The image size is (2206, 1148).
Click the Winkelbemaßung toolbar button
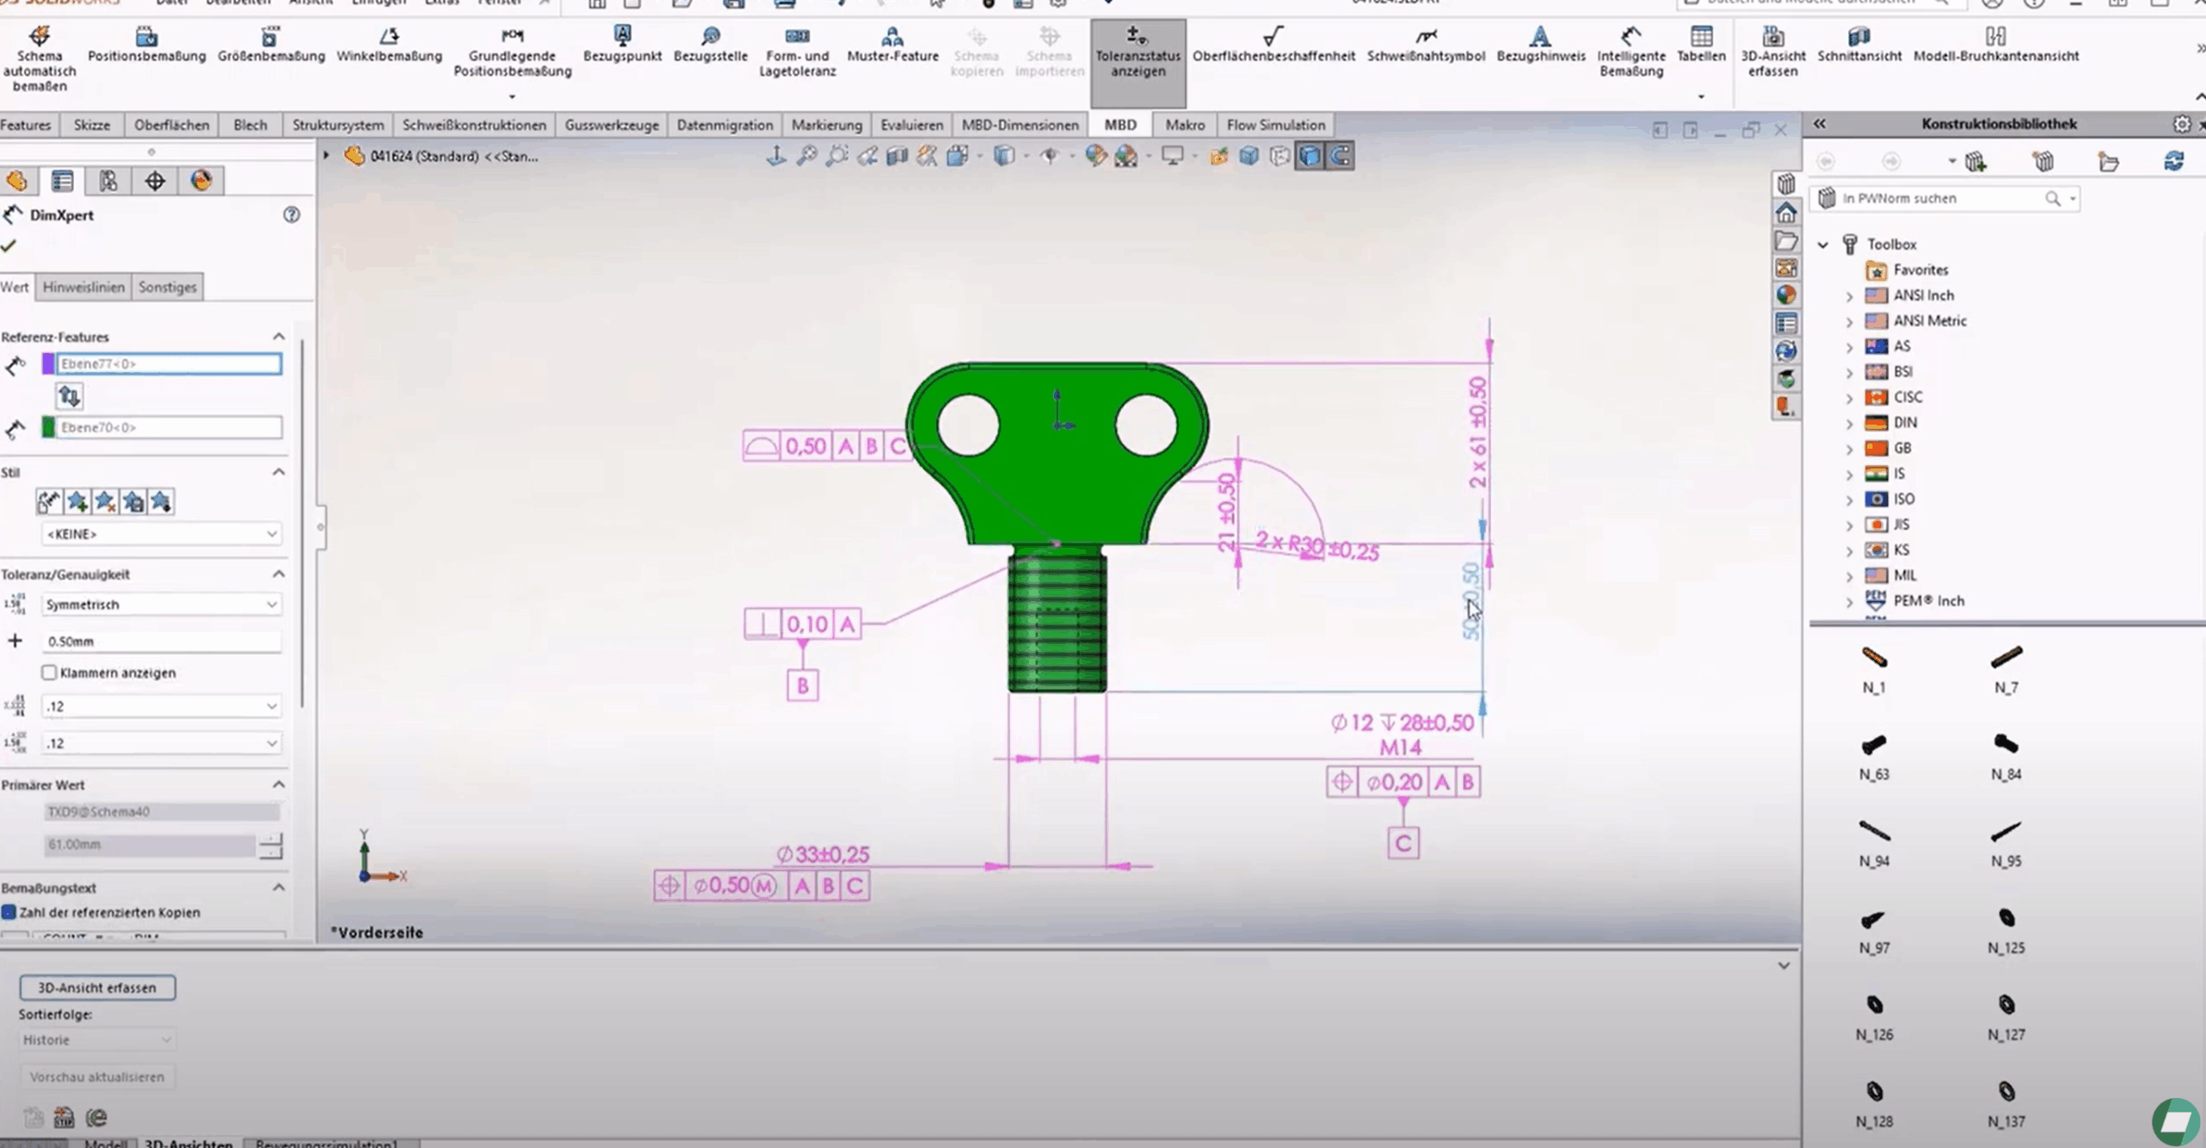click(389, 45)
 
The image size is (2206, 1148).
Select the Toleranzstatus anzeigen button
click(1137, 53)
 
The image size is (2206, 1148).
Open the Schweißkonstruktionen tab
click(474, 125)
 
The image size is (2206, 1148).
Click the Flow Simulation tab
click(1275, 125)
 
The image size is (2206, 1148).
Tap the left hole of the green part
click(968, 425)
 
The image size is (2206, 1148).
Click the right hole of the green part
click(1145, 425)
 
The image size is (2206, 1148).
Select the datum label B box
click(802, 686)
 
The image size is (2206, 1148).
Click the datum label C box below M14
click(1403, 843)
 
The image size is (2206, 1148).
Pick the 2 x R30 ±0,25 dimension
click(1317, 546)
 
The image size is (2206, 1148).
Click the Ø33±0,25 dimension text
click(823, 854)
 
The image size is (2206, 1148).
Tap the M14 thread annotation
click(1400, 748)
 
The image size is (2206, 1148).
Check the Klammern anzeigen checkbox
click(49, 673)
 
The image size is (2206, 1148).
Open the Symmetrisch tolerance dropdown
click(161, 605)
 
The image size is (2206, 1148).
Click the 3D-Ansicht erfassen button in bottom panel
click(97, 988)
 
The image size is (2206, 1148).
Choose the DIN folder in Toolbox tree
click(1904, 423)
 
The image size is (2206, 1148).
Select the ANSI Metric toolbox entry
click(1929, 321)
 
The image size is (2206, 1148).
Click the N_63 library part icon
click(1873, 745)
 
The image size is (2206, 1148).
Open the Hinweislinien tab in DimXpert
click(84, 288)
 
